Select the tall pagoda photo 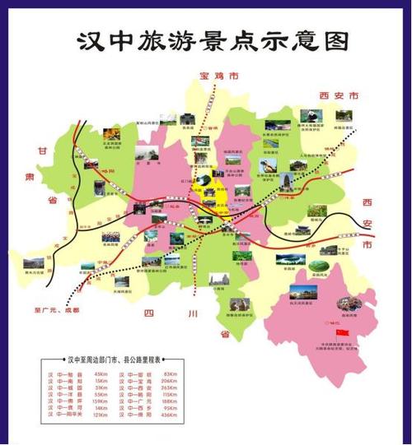(285, 180)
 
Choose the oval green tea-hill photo (292, 262)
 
